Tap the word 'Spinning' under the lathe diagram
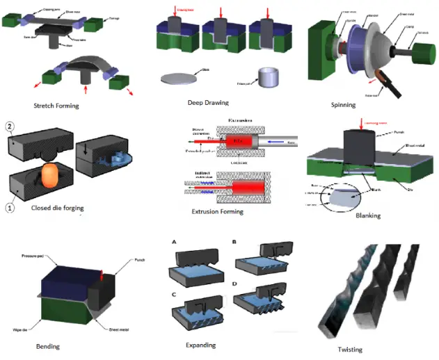[x=343, y=105]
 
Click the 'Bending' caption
[x=48, y=346]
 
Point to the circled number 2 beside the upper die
[x=9, y=126]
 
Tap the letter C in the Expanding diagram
[x=174, y=293]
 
